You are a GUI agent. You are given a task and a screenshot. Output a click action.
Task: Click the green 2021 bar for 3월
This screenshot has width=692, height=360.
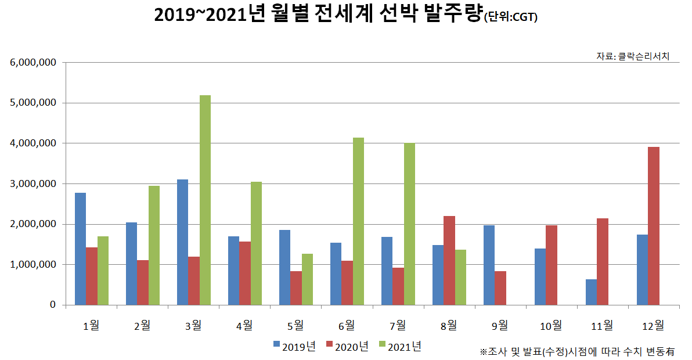pyautogui.click(x=205, y=200)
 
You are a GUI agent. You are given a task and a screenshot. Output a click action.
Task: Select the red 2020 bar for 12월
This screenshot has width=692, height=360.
pyautogui.click(x=654, y=226)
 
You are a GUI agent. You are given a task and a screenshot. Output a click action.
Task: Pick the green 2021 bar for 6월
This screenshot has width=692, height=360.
pyautogui.click(x=358, y=221)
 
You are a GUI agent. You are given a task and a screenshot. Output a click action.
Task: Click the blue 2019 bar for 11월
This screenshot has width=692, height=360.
pyautogui.click(x=591, y=292)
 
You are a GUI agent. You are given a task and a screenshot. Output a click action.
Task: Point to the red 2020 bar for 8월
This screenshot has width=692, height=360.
pyautogui.click(x=449, y=260)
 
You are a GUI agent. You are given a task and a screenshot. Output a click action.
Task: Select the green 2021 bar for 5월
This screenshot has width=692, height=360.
pyautogui.click(x=307, y=279)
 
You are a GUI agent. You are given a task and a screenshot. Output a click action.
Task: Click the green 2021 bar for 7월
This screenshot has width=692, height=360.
pyautogui.click(x=409, y=224)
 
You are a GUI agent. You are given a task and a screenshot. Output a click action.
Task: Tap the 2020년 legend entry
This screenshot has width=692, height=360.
pyautogui.click(x=347, y=347)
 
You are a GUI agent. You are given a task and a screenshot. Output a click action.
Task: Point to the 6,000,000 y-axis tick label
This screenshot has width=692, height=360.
pyautogui.click(x=33, y=62)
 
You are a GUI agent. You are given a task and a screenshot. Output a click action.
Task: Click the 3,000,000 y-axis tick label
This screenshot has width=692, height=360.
pyautogui.click(x=33, y=183)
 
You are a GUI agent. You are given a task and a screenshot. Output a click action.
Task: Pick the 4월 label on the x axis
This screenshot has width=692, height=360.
pyautogui.click(x=244, y=325)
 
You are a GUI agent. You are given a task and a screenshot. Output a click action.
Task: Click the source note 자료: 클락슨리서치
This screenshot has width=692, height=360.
pyautogui.click(x=633, y=56)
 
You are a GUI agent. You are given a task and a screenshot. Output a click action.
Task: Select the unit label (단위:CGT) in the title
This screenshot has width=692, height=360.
pyautogui.click(x=510, y=18)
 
